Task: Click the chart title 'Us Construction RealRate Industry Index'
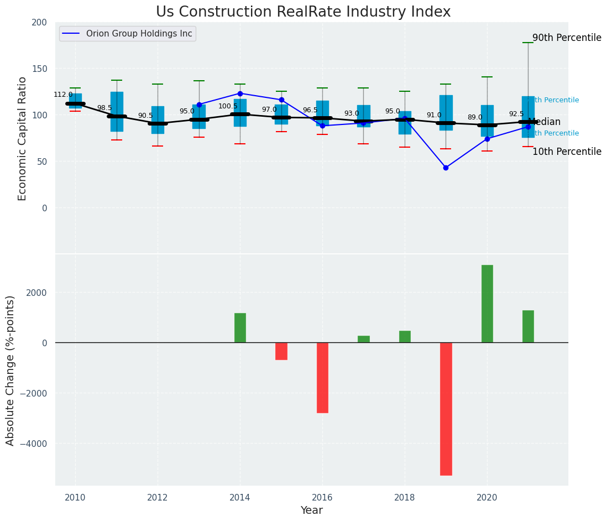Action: click(303, 12)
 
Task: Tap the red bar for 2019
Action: click(446, 409)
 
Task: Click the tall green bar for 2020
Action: click(487, 304)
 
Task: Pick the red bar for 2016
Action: click(322, 377)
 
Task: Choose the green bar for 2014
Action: click(240, 328)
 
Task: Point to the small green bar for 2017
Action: click(363, 339)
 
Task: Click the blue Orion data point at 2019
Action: click(446, 168)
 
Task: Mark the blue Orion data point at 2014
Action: click(240, 93)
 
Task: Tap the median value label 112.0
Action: click(63, 95)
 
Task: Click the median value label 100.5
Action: click(228, 106)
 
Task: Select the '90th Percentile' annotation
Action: click(567, 38)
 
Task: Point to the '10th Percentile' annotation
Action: click(567, 152)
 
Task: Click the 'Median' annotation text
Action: click(545, 122)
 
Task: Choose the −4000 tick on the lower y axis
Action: click(34, 444)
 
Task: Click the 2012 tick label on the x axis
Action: click(158, 498)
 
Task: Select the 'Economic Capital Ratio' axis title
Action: click(23, 138)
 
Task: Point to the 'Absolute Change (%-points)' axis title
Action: click(11, 370)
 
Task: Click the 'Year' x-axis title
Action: click(311, 510)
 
